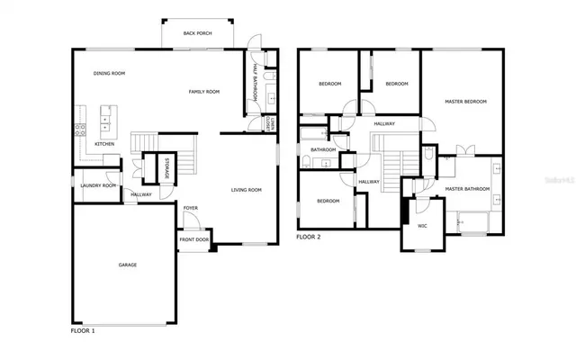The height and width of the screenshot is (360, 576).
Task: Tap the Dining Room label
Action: pos(109,74)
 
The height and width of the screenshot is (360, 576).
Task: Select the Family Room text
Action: pos(204,92)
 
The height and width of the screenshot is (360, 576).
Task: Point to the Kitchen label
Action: pos(105,144)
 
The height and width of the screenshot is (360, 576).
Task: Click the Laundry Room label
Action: pos(98,185)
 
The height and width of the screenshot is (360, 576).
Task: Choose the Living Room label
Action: pos(246,190)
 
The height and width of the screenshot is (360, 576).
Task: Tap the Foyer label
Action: pos(191,209)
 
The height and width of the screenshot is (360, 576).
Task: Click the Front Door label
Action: pos(193,240)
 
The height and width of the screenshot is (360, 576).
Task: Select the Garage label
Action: pos(128,265)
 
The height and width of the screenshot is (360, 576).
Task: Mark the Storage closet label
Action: pos(166,168)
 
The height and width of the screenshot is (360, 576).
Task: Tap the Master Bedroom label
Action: pos(466,102)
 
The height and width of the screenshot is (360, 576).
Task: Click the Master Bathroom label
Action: pos(467,189)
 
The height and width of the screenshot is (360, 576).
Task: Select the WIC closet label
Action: pos(422,227)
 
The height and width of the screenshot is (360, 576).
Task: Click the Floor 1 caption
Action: pos(83,330)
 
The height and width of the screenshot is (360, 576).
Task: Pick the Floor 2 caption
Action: pos(309,238)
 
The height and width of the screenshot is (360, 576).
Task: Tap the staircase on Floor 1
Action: pos(144,144)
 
